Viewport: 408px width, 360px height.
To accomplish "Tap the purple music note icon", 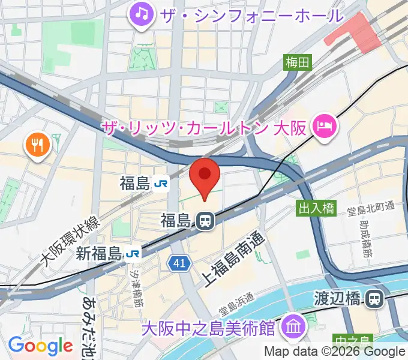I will coord(142,13).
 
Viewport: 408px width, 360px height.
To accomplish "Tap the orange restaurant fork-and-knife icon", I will coord(37,145).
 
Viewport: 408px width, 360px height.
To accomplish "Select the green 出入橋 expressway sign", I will coord(316,208).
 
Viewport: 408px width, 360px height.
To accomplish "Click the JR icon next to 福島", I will coord(160,184).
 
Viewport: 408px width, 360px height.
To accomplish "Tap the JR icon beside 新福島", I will coord(133,254).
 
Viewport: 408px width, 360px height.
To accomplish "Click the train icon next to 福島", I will coord(205,221).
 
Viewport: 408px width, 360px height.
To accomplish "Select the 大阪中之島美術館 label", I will coord(209,328).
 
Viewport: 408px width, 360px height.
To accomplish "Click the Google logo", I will coord(40,345).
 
